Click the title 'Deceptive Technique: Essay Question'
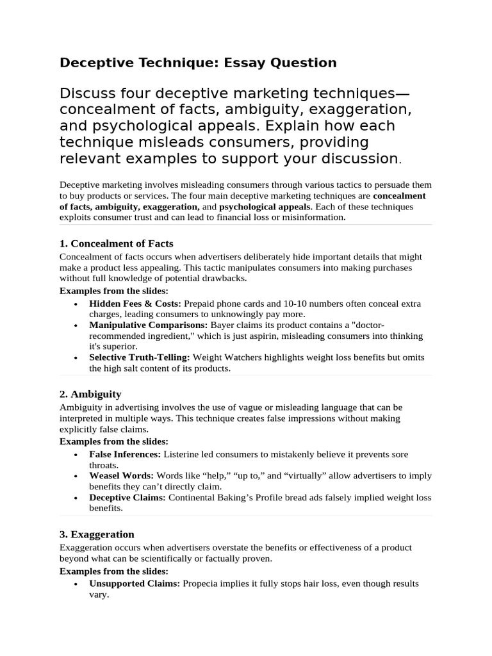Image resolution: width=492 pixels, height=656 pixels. click(x=198, y=63)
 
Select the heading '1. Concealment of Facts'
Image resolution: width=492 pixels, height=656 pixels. click(x=116, y=243)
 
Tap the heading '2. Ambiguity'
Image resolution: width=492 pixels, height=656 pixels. click(x=90, y=394)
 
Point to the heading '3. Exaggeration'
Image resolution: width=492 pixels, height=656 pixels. click(x=97, y=534)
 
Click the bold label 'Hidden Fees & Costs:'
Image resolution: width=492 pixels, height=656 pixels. click(x=135, y=304)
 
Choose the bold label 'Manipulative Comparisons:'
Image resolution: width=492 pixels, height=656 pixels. click(x=148, y=325)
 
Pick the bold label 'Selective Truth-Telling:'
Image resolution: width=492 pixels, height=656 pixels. click(x=140, y=357)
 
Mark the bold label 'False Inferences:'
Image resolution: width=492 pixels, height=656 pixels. click(x=125, y=454)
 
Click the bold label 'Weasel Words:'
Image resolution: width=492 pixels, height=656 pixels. click(x=121, y=476)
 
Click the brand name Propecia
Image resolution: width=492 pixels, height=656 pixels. click(x=202, y=584)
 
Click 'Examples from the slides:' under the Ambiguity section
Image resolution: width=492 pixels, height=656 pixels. click(x=114, y=441)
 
